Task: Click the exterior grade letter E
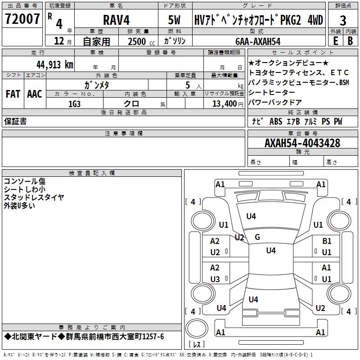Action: (x=335, y=40)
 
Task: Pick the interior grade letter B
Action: (x=350, y=40)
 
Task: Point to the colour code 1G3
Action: (x=74, y=103)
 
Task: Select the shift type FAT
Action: (x=13, y=94)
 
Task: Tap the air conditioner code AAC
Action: (x=35, y=94)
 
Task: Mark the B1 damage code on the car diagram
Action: (x=327, y=241)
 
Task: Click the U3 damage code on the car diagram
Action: (x=215, y=279)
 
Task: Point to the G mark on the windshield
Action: (x=257, y=237)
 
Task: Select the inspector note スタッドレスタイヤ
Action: (x=34, y=198)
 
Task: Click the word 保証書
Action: (x=15, y=121)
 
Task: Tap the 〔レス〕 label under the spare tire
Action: (x=197, y=344)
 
